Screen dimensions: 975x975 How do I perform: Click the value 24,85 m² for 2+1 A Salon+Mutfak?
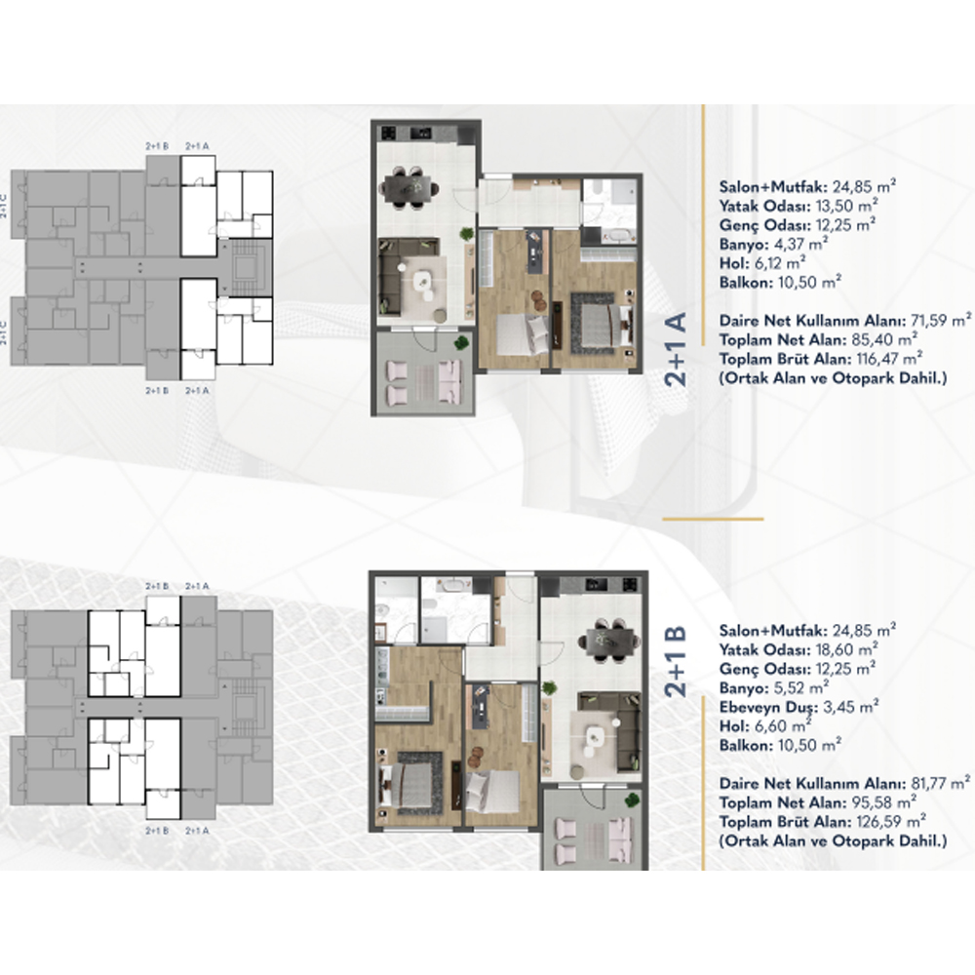[864, 186]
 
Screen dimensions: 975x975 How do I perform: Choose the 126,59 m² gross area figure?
[890, 821]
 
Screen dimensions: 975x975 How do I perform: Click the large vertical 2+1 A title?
[676, 349]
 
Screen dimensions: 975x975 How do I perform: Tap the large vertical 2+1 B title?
[676, 661]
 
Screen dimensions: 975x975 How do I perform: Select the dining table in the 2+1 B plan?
[610, 639]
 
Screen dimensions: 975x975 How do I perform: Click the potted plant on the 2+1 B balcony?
[633, 799]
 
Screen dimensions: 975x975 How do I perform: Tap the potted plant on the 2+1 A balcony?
[461, 342]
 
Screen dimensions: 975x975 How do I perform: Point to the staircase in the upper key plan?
[244, 267]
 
